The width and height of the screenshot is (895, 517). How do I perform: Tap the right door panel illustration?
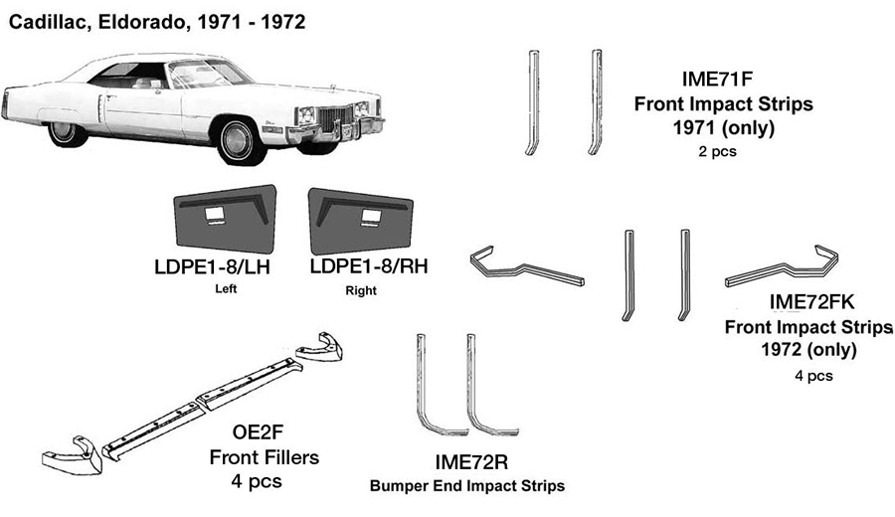(x=359, y=220)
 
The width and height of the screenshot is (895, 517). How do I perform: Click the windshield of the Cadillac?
(x=199, y=76)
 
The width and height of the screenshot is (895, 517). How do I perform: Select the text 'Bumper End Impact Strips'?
(x=467, y=486)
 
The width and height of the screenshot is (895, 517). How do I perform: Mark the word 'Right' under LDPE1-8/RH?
(x=361, y=291)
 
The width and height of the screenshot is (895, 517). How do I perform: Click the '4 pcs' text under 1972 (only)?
(x=813, y=376)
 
